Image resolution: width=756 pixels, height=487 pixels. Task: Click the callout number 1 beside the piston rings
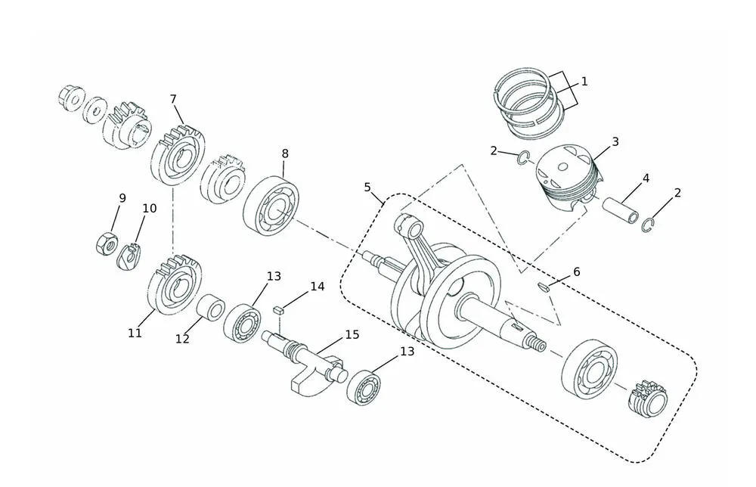(x=584, y=82)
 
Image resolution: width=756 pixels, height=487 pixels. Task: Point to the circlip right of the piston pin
(x=648, y=225)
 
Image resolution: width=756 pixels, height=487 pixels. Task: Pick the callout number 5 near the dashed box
(x=367, y=187)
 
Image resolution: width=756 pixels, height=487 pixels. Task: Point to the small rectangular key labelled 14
(x=277, y=309)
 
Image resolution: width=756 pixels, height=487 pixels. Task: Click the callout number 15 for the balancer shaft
(x=352, y=334)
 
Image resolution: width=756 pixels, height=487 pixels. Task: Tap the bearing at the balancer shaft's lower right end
(x=363, y=386)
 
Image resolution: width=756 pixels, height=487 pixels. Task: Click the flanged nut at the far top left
(x=70, y=98)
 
